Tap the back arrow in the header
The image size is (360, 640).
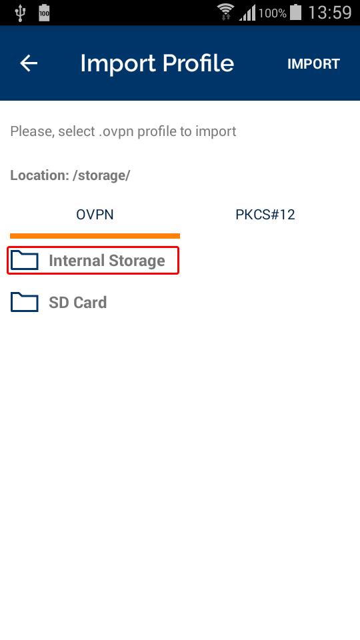click(29, 63)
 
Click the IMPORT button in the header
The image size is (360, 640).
click(313, 64)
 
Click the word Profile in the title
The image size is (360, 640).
click(198, 64)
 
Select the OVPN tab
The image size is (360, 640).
click(95, 215)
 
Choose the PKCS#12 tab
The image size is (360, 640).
click(265, 215)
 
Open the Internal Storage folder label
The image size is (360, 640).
click(107, 261)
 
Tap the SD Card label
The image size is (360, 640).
click(78, 303)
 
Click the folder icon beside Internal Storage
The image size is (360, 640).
click(25, 261)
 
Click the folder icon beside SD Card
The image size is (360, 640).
click(25, 302)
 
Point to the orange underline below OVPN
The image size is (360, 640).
click(95, 236)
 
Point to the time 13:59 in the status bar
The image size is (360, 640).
click(330, 13)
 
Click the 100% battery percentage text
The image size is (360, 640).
click(272, 13)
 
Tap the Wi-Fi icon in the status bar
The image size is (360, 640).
click(225, 12)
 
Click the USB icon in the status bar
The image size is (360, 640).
click(19, 13)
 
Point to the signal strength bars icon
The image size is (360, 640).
click(247, 13)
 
